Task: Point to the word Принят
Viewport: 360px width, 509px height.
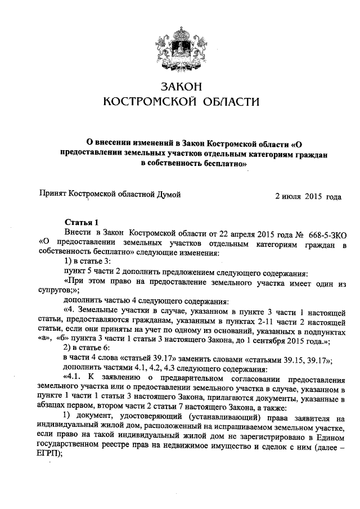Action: [x=52, y=195]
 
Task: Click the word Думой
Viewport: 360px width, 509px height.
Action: [x=169, y=195]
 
